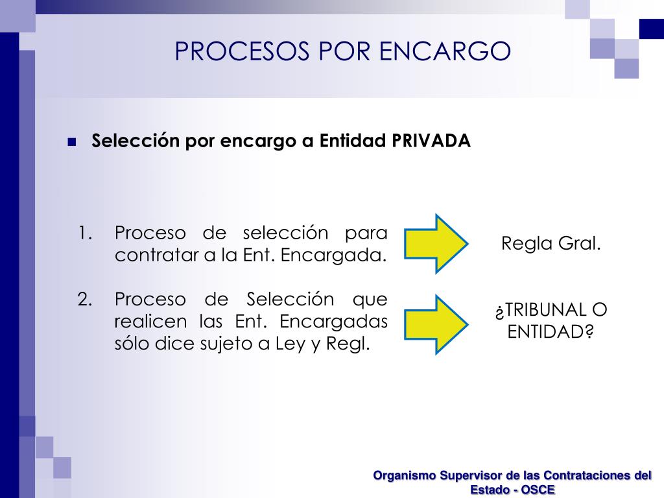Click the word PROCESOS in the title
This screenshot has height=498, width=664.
(x=242, y=51)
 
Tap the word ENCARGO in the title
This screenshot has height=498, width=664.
(x=445, y=51)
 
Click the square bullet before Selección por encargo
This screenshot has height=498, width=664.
(x=72, y=142)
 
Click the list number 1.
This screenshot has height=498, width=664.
(x=85, y=233)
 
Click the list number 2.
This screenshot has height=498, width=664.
(x=85, y=300)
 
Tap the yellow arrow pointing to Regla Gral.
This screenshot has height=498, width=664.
(x=436, y=244)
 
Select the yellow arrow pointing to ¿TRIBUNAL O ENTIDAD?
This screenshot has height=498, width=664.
(x=436, y=324)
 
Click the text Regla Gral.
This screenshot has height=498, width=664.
(x=551, y=244)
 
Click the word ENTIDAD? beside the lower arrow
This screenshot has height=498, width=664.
(x=551, y=332)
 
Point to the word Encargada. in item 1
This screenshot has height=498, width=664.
(x=334, y=255)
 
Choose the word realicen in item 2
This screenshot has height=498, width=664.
(x=150, y=322)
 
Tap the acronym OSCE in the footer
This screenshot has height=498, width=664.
(x=538, y=490)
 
